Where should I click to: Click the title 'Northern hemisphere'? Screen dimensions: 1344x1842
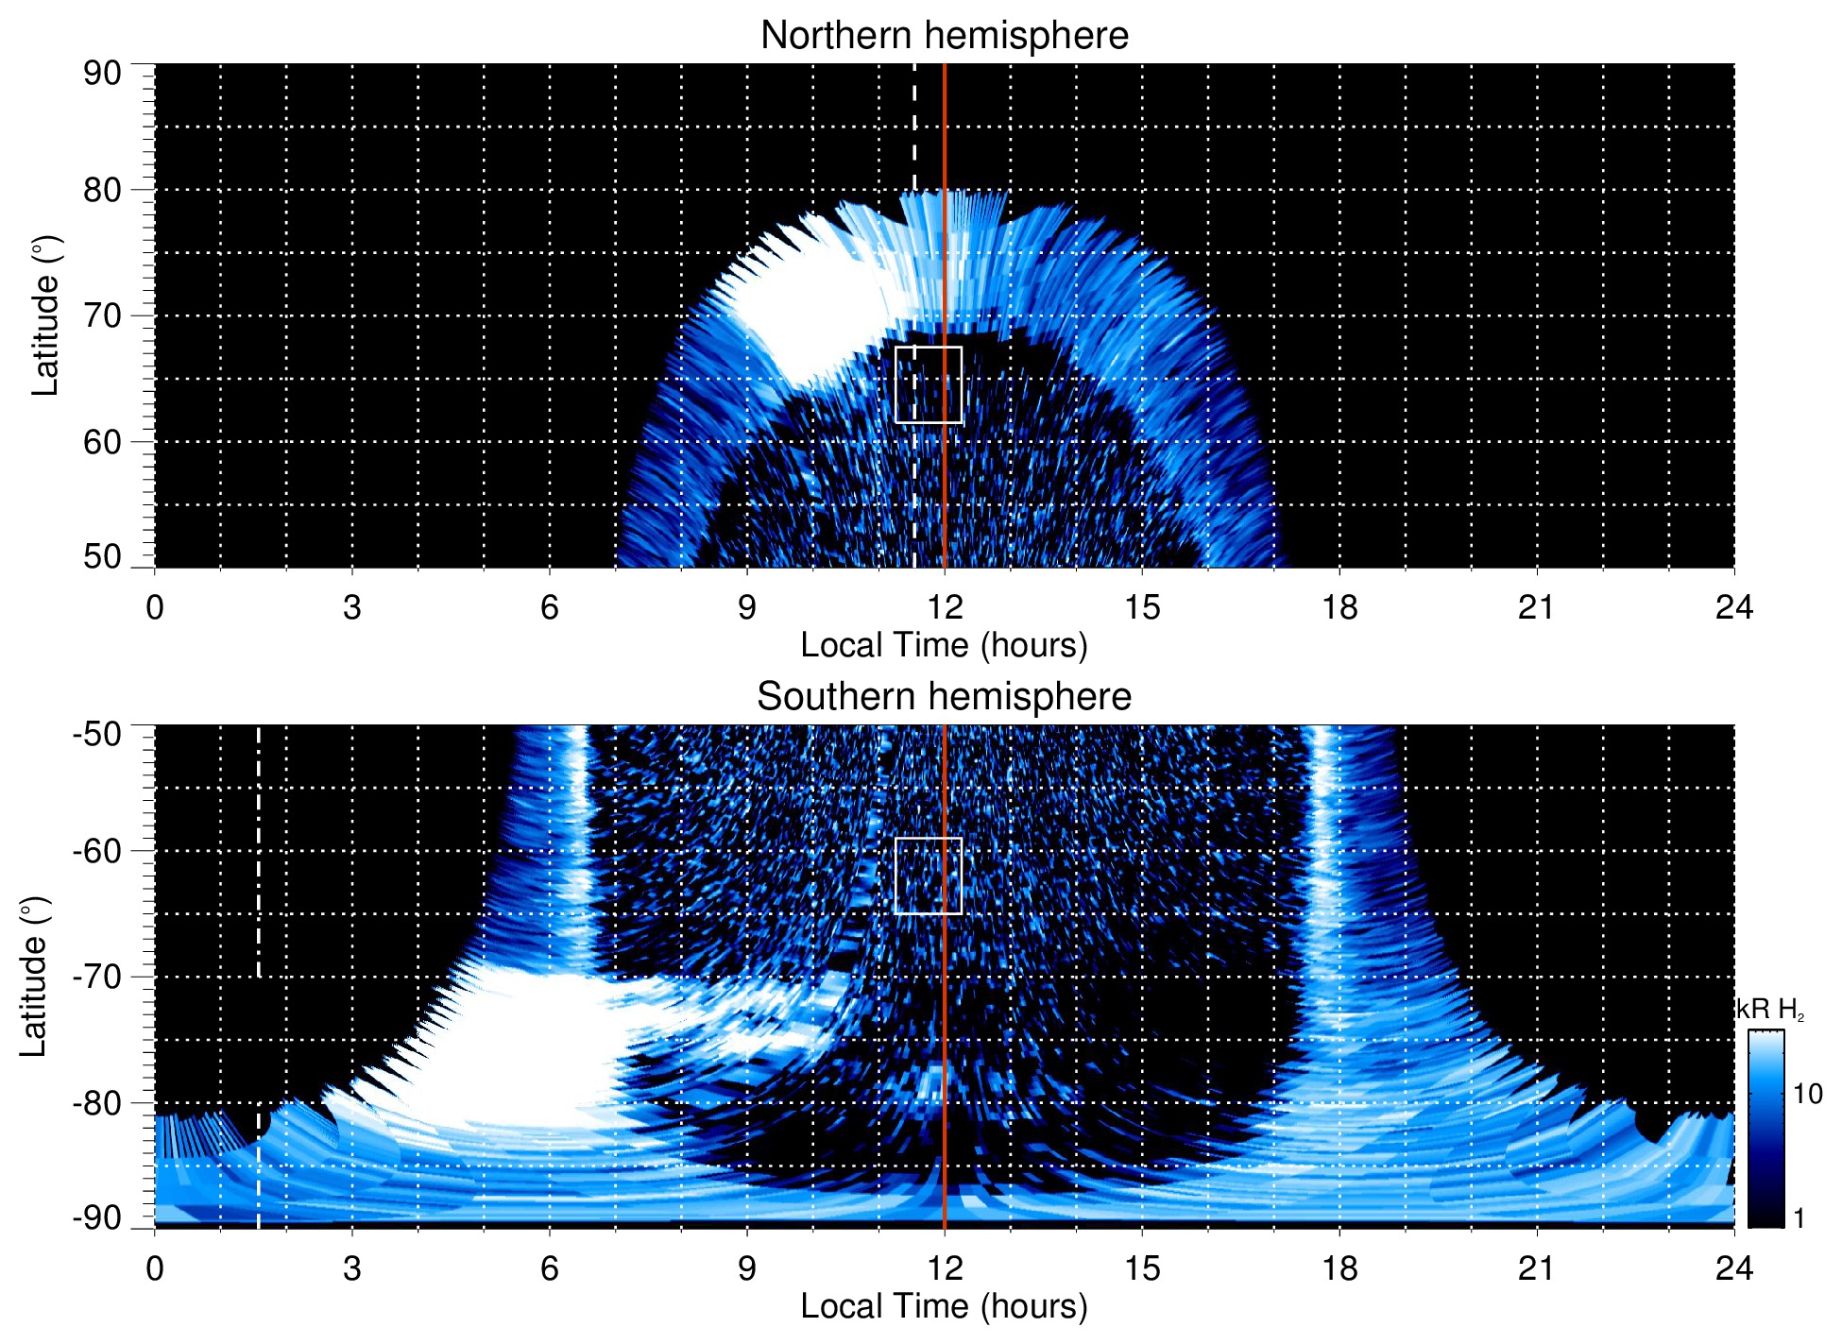944,36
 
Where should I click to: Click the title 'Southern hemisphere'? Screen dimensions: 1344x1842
944,697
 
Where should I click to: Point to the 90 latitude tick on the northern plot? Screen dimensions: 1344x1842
102,74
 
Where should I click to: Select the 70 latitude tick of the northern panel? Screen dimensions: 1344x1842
102,316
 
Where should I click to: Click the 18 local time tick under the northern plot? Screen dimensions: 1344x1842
1339,607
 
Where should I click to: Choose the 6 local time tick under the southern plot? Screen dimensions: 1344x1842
549,1268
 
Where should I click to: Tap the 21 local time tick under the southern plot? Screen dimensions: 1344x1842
1537,1268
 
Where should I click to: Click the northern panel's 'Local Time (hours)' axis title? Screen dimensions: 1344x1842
944,645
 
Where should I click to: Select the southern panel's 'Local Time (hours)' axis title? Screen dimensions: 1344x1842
944,1306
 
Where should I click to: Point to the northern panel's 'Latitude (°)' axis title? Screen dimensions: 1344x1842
45,316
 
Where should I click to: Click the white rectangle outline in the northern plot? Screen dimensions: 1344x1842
929,348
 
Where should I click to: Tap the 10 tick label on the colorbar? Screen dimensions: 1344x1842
1807,1094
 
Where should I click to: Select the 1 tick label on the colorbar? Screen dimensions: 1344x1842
1799,1218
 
